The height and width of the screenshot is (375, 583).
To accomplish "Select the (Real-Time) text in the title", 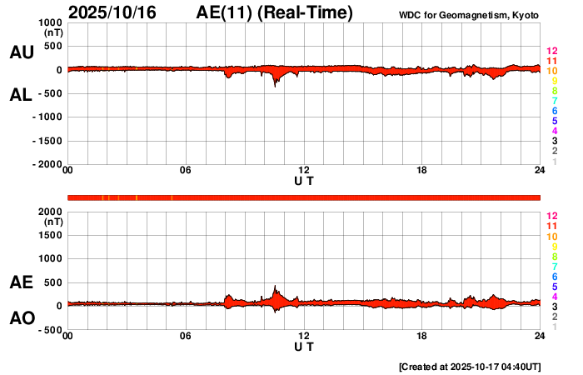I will [306, 13].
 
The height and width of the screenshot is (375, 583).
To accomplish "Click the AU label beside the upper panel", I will [21, 52].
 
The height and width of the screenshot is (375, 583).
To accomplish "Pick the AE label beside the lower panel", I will [21, 282].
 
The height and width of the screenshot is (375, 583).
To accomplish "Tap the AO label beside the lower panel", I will [21, 318].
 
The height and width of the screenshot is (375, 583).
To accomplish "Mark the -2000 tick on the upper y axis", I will [47, 165].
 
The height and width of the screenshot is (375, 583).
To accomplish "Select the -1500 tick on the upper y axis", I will [47, 142].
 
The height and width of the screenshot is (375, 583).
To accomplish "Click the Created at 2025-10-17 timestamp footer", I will [470, 367].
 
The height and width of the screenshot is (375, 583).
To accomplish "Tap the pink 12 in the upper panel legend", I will [551, 52].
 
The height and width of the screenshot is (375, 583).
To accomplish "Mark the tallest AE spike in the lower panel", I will [276, 287].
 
